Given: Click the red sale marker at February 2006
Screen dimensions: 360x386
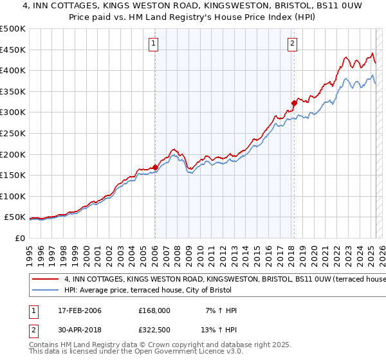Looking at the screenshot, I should (155, 167).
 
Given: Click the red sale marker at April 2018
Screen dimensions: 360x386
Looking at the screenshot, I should (293, 102).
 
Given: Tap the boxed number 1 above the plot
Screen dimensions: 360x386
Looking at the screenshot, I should (154, 44).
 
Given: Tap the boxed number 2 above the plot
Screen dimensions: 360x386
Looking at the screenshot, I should (292, 44).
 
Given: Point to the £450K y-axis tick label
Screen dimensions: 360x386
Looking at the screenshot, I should (12, 50).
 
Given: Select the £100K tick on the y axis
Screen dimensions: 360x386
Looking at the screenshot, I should (12, 196).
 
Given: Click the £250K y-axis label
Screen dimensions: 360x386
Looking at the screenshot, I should (12, 133).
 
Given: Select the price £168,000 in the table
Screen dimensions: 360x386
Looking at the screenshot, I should (154, 310).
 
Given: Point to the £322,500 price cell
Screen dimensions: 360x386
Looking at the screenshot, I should (154, 331).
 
